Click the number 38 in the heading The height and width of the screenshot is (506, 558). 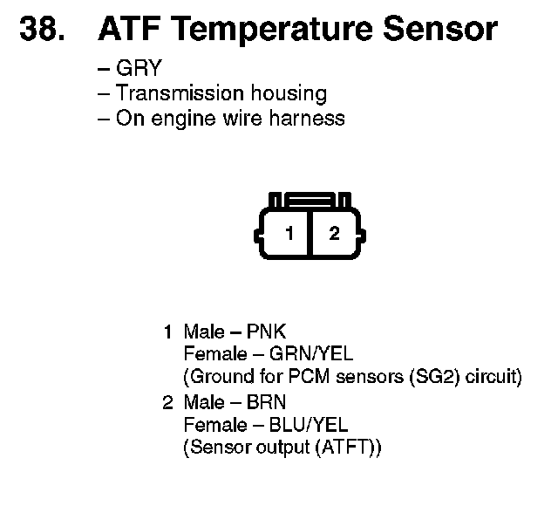click(41, 29)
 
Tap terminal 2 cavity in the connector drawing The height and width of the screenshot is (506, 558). click(332, 234)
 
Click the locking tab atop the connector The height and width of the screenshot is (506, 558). click(310, 201)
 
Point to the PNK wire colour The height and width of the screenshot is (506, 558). click(267, 332)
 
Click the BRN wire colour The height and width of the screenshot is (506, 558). click(267, 402)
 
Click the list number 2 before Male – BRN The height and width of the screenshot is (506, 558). click(168, 402)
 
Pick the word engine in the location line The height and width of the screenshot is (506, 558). click(178, 119)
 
